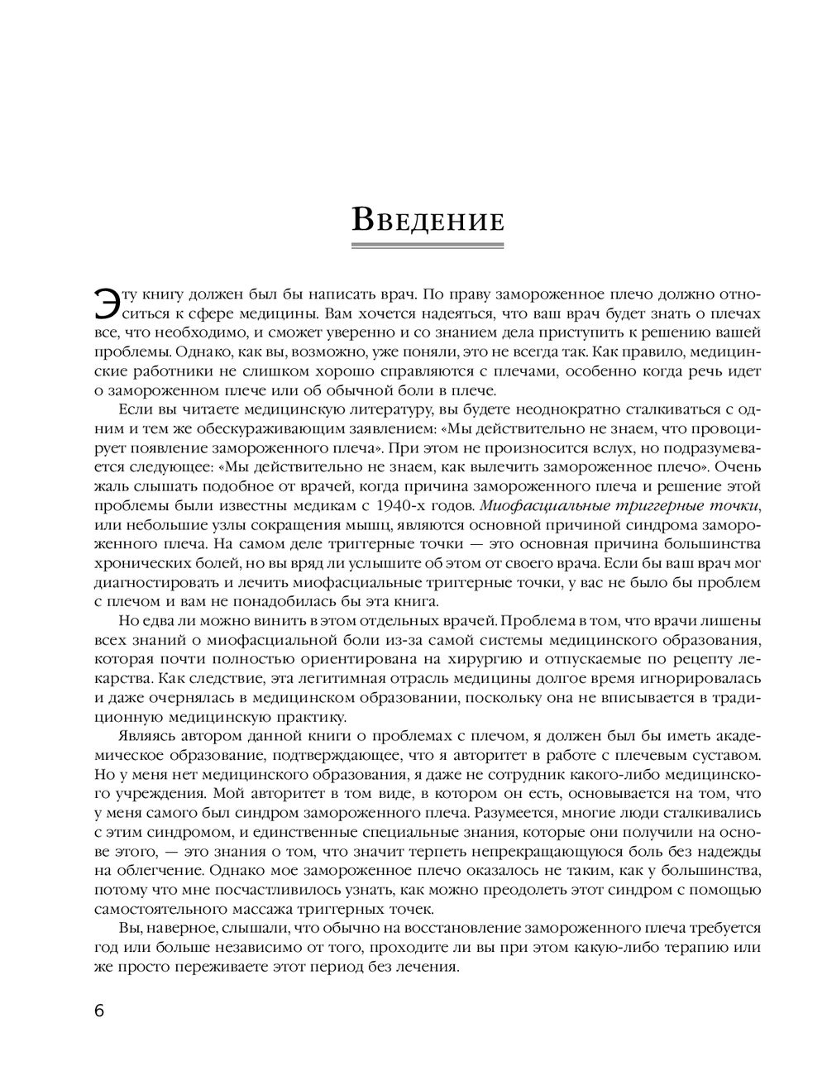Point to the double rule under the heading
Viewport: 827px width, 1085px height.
428,246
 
